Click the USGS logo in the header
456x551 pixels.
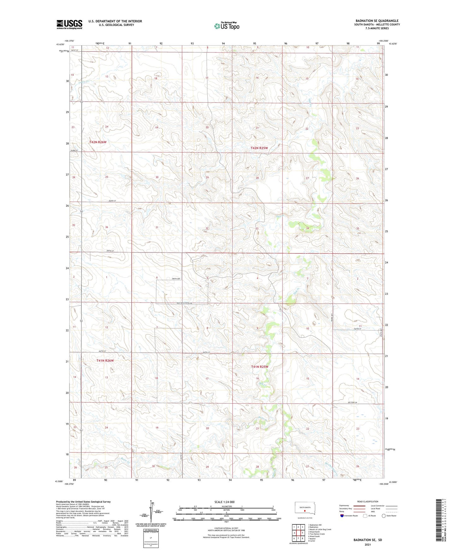tap(69, 24)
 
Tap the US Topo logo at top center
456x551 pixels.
tap(227, 26)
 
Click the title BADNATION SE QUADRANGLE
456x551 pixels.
tap(377, 21)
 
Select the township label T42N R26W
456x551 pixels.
tap(98, 142)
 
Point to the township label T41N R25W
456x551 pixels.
tap(259, 367)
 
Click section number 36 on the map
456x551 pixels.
tap(107, 227)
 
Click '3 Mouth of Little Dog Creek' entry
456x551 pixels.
tap(320, 529)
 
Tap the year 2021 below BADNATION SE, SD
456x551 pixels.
tap(367, 544)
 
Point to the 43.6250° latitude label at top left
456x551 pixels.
tap(59, 44)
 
